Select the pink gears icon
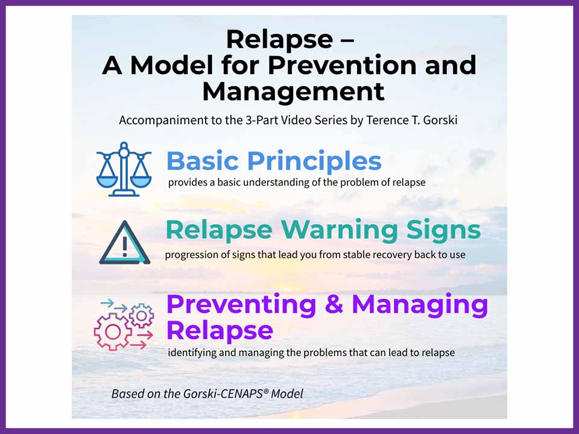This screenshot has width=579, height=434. click(x=123, y=324)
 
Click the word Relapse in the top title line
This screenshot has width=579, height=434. click(x=279, y=40)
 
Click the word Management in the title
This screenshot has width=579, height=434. click(x=293, y=92)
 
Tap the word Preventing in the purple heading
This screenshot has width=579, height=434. click(x=241, y=305)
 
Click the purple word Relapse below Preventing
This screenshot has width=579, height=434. click(x=220, y=330)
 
